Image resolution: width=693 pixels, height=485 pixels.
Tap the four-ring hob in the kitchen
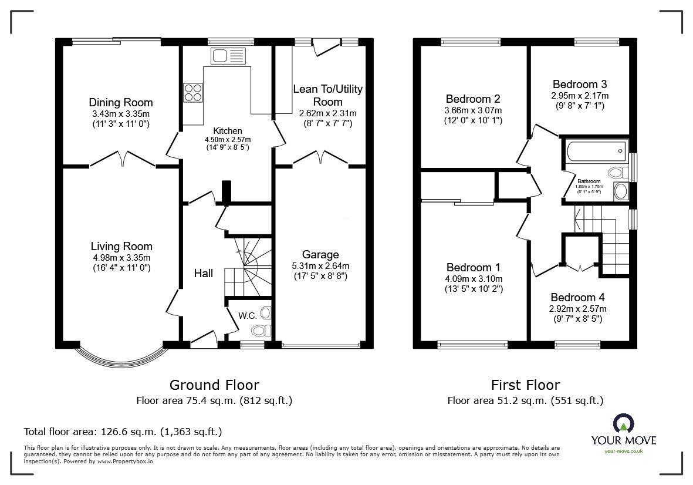[x=194, y=93]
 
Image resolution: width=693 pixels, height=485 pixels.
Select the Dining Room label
[x=121, y=103]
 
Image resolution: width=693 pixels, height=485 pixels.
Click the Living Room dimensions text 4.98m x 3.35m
[x=121, y=257]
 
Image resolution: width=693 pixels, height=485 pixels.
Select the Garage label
[x=320, y=254]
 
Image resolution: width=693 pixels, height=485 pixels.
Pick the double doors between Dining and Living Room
[x=121, y=159]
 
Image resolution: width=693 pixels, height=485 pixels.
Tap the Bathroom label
[x=589, y=181]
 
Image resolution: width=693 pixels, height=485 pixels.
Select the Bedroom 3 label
[x=579, y=84]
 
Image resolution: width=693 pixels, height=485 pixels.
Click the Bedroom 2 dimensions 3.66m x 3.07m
[x=474, y=110]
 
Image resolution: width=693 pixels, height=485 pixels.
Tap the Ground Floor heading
[x=214, y=385]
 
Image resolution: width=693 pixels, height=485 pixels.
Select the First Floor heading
[x=525, y=385]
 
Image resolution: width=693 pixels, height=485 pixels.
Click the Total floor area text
[x=123, y=432]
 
